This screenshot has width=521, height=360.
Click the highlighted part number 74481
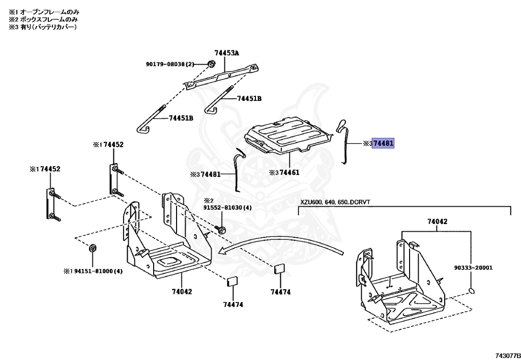tap(383, 144)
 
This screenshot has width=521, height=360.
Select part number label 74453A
tap(226, 52)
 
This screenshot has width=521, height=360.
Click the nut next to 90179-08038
tap(211, 64)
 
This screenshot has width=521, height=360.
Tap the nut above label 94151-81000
tap(93, 248)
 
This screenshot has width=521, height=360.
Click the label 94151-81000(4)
tap(96, 271)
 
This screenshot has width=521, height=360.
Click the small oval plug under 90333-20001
tap(473, 291)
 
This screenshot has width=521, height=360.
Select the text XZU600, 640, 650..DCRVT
tap(334, 202)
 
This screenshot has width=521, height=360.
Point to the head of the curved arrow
tap(220, 251)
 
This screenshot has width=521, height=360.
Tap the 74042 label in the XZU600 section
tap(437, 221)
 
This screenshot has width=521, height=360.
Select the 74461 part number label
tap(288, 173)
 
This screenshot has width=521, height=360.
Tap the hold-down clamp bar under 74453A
tap(224, 76)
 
